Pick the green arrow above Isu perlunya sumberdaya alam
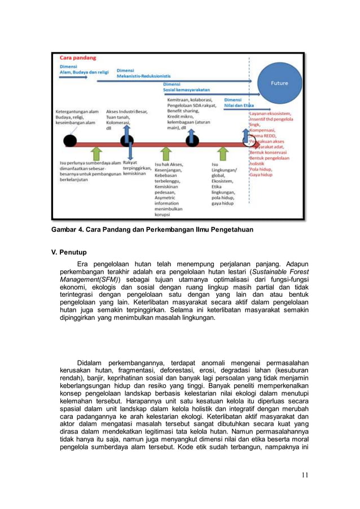[96, 153]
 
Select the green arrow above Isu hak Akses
[165, 153]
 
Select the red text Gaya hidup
[261, 175]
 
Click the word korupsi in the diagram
[164, 215]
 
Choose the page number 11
[305, 475]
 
